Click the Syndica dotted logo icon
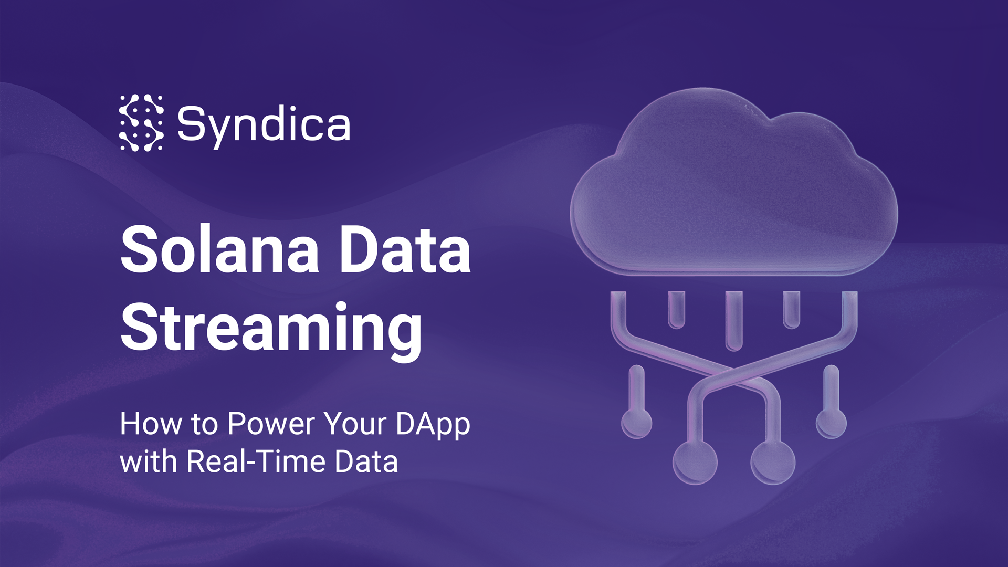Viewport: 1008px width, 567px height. [x=141, y=123]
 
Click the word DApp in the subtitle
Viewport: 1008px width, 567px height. [x=433, y=424]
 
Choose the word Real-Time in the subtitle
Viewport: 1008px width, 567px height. [x=256, y=461]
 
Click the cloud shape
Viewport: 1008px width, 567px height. [x=734, y=189]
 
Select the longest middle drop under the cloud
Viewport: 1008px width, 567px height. [x=734, y=320]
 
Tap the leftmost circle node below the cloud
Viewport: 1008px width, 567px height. [x=637, y=423]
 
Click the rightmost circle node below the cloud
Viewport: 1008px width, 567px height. [x=831, y=423]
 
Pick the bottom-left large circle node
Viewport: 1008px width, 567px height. [x=695, y=462]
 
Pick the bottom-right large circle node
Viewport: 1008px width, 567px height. [x=773, y=462]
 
